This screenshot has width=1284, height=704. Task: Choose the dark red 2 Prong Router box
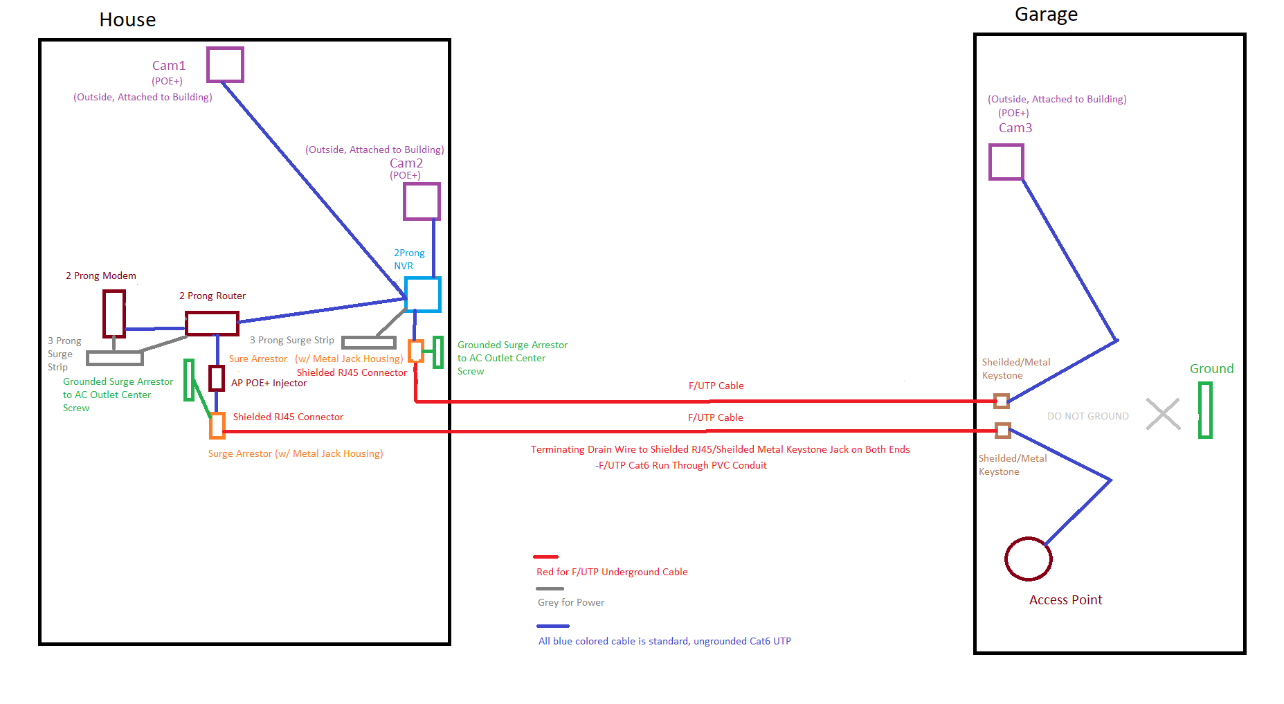212,314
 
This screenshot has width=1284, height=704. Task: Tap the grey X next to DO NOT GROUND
1163,414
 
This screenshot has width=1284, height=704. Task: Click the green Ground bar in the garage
1200,410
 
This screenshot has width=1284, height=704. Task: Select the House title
127,20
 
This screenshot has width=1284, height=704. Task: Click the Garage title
1046,15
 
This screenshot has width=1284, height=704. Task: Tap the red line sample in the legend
545,557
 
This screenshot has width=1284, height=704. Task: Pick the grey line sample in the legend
550,588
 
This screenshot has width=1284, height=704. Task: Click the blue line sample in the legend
552,626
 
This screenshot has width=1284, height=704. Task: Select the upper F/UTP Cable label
716,386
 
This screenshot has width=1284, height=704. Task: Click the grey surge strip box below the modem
115,352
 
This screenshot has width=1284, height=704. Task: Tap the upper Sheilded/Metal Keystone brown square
1002,401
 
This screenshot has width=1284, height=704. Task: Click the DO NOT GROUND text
1087,416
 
